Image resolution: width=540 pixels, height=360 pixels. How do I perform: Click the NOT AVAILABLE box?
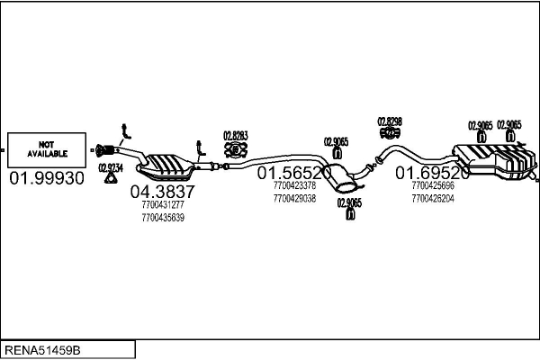tap(46, 148)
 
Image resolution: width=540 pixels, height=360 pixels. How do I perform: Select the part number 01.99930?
tap(47, 178)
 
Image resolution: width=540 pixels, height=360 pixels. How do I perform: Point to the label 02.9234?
tap(110, 166)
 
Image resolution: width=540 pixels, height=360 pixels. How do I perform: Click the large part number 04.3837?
tap(162, 191)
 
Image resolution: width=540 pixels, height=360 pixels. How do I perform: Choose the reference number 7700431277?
tap(162, 205)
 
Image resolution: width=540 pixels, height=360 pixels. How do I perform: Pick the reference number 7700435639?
tap(162, 218)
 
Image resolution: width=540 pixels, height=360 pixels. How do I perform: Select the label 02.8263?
tap(236, 136)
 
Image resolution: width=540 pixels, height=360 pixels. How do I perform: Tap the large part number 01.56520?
tap(294, 171)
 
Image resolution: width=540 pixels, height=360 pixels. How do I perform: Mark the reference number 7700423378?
tap(294, 186)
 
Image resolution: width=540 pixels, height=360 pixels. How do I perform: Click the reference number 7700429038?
tap(294, 198)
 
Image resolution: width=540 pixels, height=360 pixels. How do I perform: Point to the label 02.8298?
tap(390, 121)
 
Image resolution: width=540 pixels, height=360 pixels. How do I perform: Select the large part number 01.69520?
tap(433, 172)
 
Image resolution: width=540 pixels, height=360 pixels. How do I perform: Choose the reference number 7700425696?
tap(433, 186)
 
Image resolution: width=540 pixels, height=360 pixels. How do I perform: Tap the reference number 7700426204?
tap(433, 198)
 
